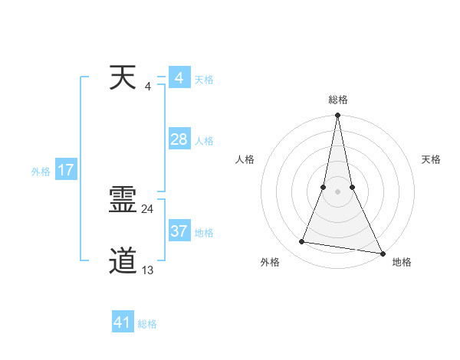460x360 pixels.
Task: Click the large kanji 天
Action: (123, 77)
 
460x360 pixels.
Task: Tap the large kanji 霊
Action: (123, 201)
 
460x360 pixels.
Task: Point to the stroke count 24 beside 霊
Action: (148, 208)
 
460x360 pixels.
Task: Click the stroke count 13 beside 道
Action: (148, 270)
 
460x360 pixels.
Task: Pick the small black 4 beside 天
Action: (148, 86)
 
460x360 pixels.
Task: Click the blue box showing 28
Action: (179, 139)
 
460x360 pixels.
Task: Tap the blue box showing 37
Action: (179, 231)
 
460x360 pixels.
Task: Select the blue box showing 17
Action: (66, 170)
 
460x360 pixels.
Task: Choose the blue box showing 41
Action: (123, 322)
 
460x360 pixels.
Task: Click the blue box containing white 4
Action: (179, 78)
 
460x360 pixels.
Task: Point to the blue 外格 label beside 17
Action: (41, 172)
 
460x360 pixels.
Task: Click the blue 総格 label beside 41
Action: (147, 324)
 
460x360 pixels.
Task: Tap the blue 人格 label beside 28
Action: (204, 141)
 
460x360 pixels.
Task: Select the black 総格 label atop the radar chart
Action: (337, 100)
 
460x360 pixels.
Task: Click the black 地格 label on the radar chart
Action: (402, 263)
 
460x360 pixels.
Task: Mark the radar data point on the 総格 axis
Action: (337, 116)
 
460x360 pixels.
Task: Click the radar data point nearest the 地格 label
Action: (382, 254)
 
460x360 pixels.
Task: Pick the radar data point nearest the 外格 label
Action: (302, 242)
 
